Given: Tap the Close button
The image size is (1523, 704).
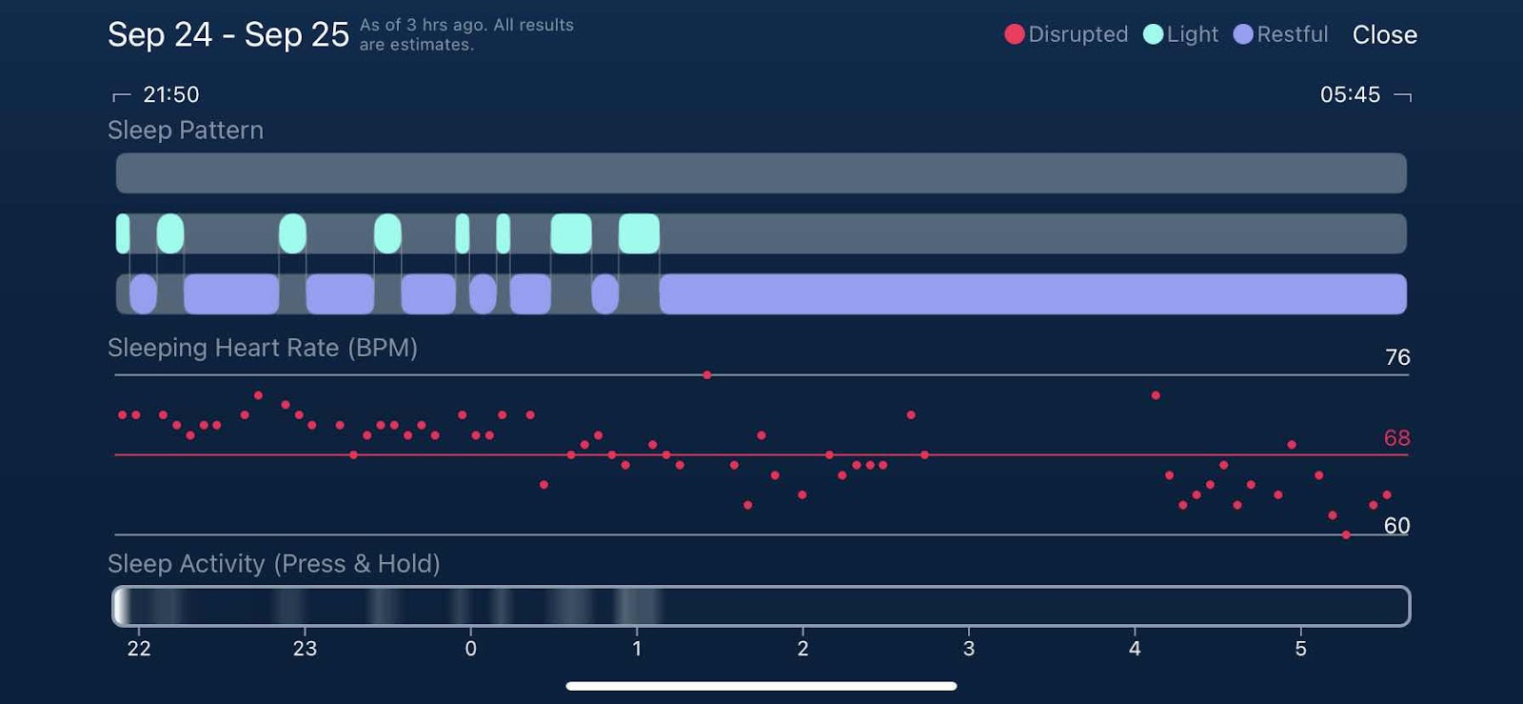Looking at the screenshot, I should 1384,35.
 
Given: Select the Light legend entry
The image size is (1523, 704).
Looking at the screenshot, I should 1181,34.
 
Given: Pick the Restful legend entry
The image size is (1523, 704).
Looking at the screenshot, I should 1281,34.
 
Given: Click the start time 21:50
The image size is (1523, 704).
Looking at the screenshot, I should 170,94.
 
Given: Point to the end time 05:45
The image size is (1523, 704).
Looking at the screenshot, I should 1350,94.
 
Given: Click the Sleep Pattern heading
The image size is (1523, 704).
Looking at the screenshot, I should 186,131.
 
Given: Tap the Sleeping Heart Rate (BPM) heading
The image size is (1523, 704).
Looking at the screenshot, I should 263,348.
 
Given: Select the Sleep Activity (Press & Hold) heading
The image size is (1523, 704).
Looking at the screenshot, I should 274,564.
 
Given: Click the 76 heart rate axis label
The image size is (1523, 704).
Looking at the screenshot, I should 1396,357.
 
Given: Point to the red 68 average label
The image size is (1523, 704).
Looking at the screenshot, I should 1396,438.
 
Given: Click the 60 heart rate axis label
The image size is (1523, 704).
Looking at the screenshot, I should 1396,526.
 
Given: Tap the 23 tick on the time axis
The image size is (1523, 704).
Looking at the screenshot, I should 305,649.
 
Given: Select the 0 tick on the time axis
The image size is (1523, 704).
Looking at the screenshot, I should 470,649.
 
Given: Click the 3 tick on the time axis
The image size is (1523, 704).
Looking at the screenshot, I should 968,649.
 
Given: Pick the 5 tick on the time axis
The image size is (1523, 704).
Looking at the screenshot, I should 1300,649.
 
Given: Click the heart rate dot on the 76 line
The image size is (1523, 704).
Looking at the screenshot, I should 707,375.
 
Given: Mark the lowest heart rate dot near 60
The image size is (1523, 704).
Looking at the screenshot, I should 1346,535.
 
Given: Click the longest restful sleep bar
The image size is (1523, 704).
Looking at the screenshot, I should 1033,294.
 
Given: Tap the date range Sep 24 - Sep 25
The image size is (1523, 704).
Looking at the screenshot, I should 228,35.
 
